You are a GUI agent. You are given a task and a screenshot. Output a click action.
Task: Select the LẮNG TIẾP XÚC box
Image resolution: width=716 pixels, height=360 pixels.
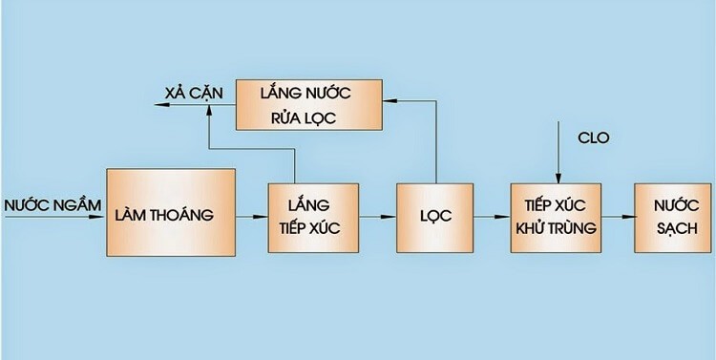[313, 217]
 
